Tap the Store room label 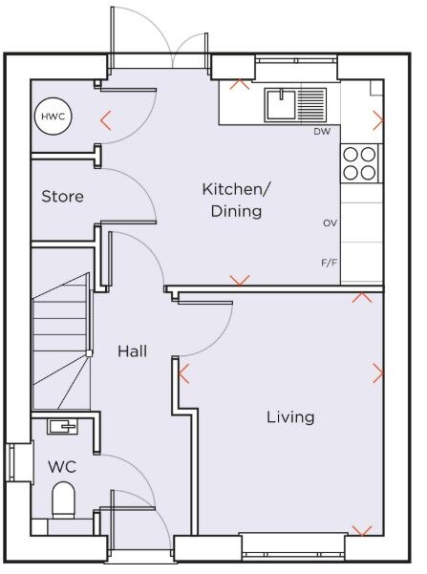coord(62,197)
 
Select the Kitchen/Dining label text coord(235,200)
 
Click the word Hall coord(132,351)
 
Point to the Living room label coord(289,416)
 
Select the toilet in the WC coord(63,499)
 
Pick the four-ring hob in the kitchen coord(360,162)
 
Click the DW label coord(321,132)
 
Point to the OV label coord(330,223)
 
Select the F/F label coord(330,261)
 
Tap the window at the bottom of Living coord(292,545)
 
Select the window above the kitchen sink coord(296,66)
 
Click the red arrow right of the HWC coord(105,120)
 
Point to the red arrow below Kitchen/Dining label coord(240,280)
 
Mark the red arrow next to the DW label coord(378,120)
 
